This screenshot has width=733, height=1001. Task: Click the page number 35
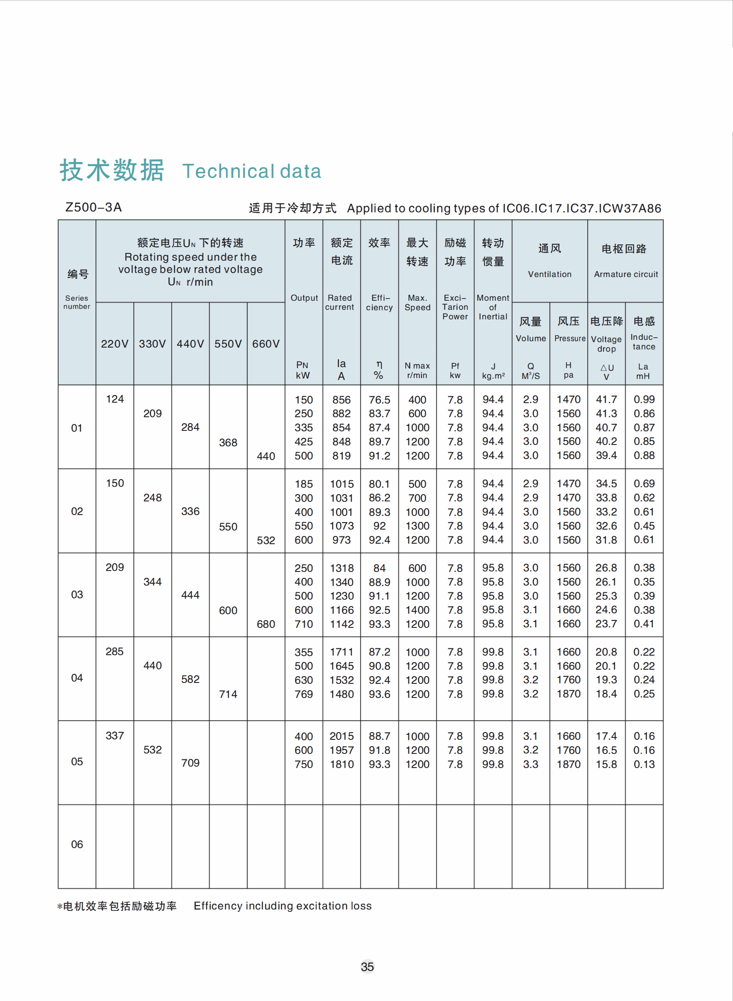click(367, 966)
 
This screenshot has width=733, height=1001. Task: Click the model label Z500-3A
click(93, 207)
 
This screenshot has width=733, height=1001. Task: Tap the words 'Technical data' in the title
click(252, 172)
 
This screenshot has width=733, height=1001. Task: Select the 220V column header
click(115, 344)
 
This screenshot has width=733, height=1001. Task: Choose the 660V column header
click(266, 344)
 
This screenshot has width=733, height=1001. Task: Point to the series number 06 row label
click(77, 844)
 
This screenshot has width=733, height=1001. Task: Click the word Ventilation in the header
click(550, 274)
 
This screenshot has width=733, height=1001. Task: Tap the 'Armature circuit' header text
click(626, 274)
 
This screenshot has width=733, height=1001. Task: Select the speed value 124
click(115, 399)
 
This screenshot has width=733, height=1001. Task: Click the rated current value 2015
click(341, 736)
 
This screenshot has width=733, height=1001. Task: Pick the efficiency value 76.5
click(379, 400)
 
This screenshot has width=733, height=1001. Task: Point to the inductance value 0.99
click(644, 399)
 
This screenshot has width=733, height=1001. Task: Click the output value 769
click(304, 694)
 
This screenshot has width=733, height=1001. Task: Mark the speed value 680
click(266, 624)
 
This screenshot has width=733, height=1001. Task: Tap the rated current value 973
click(341, 540)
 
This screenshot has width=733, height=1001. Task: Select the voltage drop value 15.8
click(606, 764)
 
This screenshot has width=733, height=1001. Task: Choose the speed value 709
click(190, 763)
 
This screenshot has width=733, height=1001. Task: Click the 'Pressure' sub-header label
click(569, 339)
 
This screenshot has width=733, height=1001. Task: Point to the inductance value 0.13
click(644, 764)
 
